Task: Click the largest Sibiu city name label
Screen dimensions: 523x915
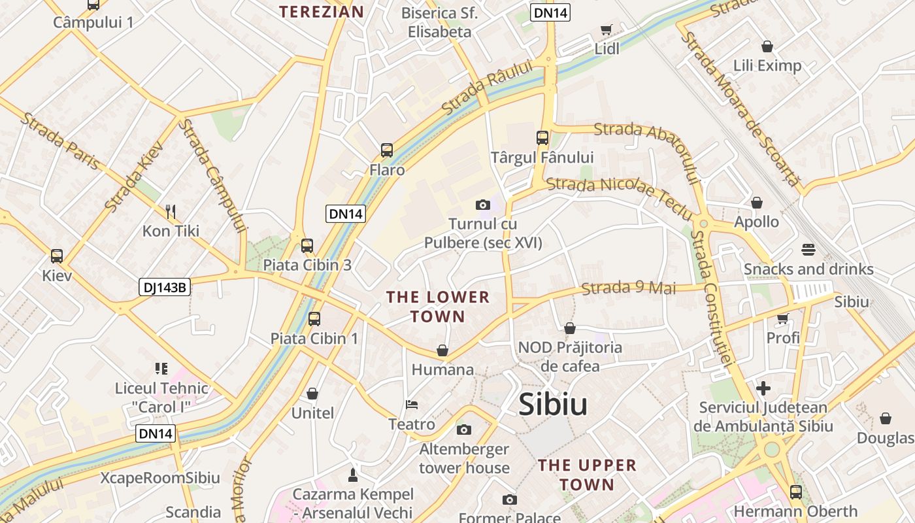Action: (553, 405)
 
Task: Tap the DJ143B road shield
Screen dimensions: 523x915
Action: (165, 287)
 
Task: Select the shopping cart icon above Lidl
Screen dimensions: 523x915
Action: (607, 29)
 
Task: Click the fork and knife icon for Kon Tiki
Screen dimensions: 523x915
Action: (171, 211)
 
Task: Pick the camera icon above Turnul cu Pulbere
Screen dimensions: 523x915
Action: (483, 205)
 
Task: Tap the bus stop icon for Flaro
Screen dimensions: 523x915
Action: (387, 150)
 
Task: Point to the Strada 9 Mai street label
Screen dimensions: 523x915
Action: (628, 288)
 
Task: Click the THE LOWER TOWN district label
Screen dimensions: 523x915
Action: (438, 307)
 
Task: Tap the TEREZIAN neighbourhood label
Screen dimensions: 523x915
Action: (322, 11)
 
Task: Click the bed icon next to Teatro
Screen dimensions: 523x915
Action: (412, 405)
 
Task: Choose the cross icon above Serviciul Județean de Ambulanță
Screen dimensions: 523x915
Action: (763, 388)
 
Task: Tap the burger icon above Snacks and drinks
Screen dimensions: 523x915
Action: (808, 249)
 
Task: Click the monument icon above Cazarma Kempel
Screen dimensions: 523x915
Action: (353, 474)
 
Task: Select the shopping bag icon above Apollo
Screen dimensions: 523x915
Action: (757, 203)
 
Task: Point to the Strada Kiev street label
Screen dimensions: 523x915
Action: (134, 177)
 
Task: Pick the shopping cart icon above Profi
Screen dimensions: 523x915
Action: (782, 318)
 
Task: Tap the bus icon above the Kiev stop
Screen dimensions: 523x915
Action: (57, 256)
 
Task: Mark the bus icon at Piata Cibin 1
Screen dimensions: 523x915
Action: (314, 319)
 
